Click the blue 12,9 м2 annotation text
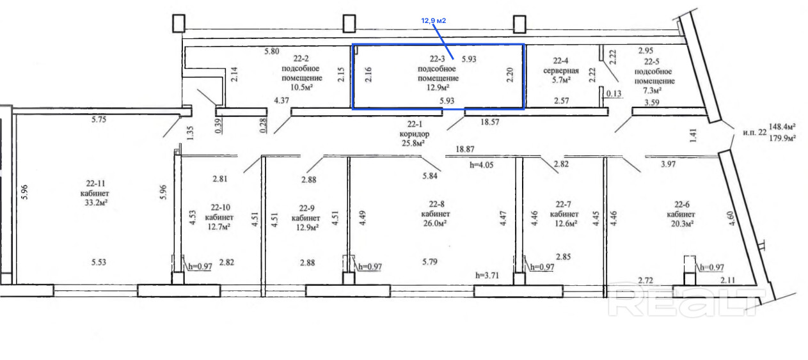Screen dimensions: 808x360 tap(434, 20)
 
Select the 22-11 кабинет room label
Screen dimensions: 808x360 tap(95, 188)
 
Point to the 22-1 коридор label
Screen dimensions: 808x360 tap(415, 129)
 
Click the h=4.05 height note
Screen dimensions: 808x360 tap(481, 165)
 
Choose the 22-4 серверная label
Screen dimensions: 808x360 tap(561, 66)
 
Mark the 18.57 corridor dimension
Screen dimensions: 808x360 tap(489, 122)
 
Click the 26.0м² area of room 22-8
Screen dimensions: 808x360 tap(435, 223)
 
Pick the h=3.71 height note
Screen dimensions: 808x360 tap(487, 276)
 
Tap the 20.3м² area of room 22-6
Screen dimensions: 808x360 tap(682, 224)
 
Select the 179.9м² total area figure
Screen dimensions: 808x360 tap(782, 138)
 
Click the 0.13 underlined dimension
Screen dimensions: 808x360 tap(614, 94)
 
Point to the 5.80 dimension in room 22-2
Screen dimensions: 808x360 tap(272, 51)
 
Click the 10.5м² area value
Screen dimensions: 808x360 tap(301, 87)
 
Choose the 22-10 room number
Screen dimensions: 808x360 tap(221, 208)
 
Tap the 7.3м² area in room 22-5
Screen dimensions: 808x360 tap(652, 90)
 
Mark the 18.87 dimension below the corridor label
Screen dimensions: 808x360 tap(465, 149)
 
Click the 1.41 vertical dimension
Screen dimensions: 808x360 tap(693, 136)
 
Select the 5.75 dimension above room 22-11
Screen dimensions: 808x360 tap(99, 120)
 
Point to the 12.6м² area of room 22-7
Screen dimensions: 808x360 tap(566, 224)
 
